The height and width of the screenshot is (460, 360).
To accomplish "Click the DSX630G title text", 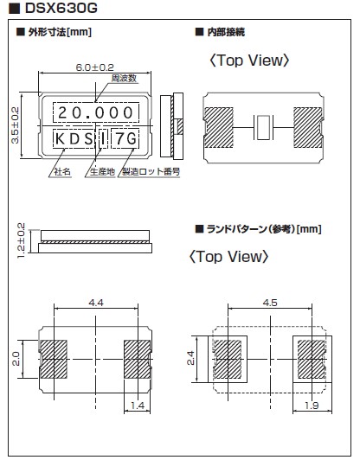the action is [61, 9].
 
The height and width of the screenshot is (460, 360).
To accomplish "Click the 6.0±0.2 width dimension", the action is [94, 67].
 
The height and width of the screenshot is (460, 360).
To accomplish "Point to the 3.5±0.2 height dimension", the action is [15, 125].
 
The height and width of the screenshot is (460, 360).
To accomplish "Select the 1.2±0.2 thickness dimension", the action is [21, 240].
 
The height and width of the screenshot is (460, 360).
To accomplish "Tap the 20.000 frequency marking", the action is [96, 112].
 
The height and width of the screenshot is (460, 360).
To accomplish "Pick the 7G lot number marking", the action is [126, 138].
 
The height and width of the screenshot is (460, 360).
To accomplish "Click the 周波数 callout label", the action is [124, 79].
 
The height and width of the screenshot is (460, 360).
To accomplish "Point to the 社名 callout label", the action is [62, 171].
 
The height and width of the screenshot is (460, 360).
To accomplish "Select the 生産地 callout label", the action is [102, 171].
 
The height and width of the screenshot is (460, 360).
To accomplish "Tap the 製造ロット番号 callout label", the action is [151, 171].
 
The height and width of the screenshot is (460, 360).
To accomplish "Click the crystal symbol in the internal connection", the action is [264, 128].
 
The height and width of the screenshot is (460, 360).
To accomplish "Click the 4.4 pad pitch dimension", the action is [96, 303].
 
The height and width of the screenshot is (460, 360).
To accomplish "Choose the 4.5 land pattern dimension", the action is [270, 303].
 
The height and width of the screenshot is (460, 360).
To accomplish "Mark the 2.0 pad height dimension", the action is [16, 359].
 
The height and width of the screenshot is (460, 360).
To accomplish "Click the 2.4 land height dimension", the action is [191, 358].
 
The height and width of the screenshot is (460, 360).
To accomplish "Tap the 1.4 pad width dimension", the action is [137, 406].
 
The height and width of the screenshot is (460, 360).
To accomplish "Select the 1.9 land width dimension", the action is [312, 406].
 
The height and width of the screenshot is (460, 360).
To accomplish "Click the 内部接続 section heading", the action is [226, 32].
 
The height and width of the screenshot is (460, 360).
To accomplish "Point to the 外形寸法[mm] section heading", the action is [60, 32].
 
